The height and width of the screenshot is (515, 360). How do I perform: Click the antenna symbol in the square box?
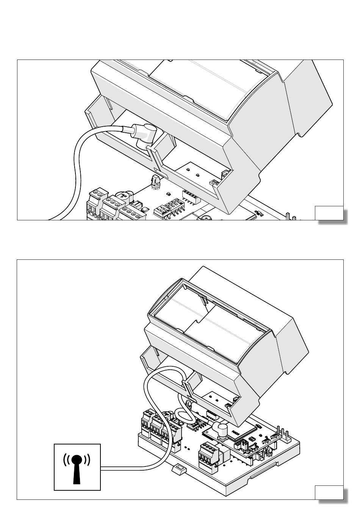coord(77,467)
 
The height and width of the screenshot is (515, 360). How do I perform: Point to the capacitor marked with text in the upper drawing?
coord(123,197)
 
